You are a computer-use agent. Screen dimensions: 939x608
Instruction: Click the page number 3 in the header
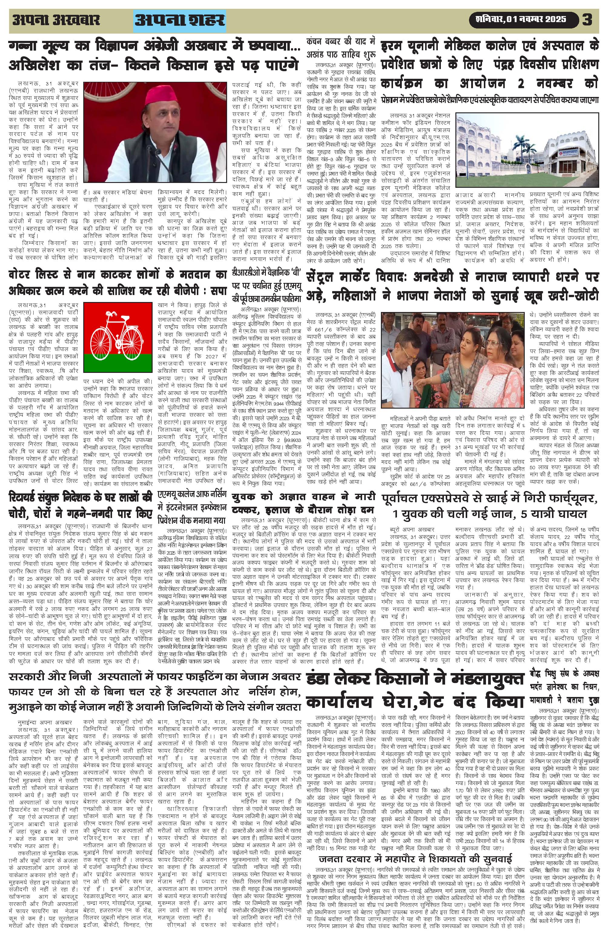point(587,19)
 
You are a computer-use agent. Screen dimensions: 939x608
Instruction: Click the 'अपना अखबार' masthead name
point(56,20)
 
